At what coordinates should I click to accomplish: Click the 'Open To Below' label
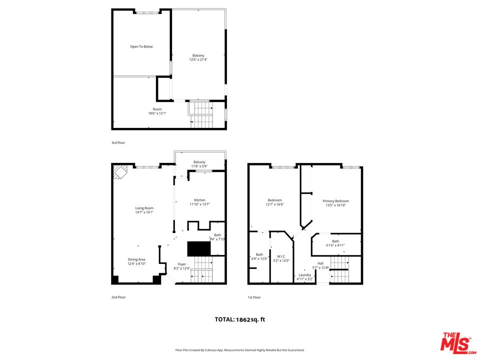pos(141,46)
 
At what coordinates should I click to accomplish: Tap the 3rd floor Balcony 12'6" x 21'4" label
pos(198,57)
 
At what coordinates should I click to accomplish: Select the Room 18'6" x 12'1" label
pos(157,111)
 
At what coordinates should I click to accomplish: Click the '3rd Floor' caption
pos(118,142)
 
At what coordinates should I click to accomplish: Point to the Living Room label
pos(144,210)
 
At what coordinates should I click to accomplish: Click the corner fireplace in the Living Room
pos(120,172)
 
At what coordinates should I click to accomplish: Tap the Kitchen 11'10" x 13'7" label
pos(199,202)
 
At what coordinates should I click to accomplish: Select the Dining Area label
pos(136,261)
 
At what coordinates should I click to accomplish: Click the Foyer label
pos(181,266)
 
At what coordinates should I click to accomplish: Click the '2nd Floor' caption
pos(118,297)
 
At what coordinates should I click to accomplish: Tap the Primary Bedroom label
pos(335,203)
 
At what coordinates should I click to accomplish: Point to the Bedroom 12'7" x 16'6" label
pos(274,202)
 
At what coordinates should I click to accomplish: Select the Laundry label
pos(305,276)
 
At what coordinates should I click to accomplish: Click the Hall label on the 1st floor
pos(320,265)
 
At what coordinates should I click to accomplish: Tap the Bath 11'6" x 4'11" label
pos(335,243)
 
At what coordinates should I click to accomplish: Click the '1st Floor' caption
pos(254,297)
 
